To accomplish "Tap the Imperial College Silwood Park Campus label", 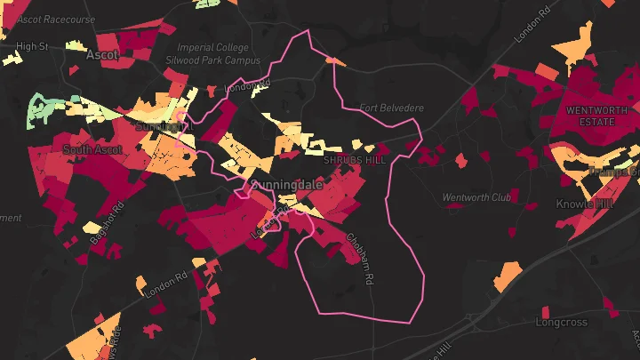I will coord(213,54).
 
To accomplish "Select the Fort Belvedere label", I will coord(391,108).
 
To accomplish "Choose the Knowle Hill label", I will coord(585,204).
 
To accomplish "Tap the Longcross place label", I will coord(564,314).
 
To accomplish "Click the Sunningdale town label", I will coord(287,184).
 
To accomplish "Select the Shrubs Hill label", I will coord(355,160).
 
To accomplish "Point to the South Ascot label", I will coord(92,149).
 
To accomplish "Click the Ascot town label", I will coord(102,54).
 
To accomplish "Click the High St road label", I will coord(31,46).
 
